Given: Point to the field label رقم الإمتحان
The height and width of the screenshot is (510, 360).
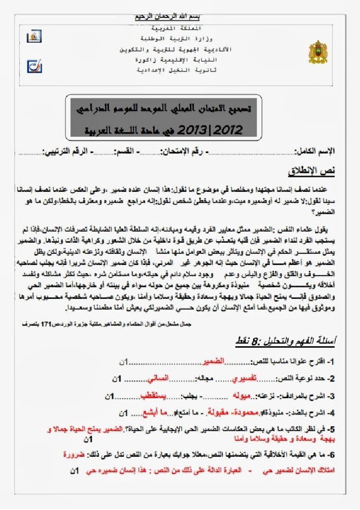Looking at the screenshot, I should pyautogui.click(x=186, y=152).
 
